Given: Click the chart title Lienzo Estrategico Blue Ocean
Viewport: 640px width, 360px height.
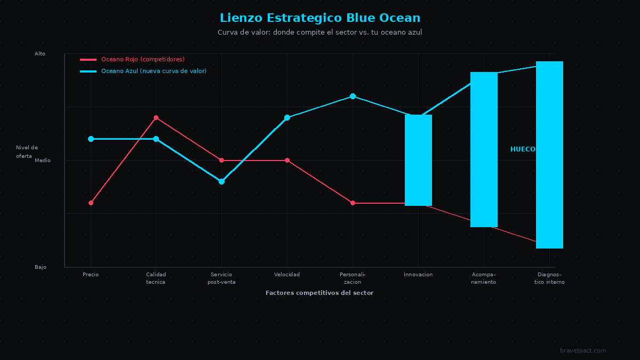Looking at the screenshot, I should coord(320,18).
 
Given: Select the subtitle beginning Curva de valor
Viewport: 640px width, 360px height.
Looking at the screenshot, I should coord(320,33).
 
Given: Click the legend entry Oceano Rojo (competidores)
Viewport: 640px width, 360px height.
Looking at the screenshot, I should coord(142,59).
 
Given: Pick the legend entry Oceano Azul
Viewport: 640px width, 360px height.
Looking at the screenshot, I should coord(154,71).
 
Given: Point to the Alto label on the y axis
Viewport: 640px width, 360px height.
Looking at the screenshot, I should coord(40,54).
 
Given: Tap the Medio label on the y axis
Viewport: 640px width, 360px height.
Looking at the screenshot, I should coord(43,161).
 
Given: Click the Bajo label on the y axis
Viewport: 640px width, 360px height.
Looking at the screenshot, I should coord(41,267).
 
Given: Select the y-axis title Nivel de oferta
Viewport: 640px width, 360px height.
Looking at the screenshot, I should coord(27,151).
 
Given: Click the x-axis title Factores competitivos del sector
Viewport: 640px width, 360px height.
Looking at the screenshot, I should coord(319,293).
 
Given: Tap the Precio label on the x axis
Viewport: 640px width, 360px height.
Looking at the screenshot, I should coord(91,275).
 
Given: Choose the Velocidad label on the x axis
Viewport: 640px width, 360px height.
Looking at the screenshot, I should coord(287,275).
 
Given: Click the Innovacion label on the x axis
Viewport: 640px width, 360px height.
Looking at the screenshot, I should coord(418,275).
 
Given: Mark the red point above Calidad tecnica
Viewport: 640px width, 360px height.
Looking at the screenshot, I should coord(156,118).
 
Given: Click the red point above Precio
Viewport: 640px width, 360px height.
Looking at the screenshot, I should coord(91,203).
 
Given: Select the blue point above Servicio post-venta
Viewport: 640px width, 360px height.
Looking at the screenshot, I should coord(221,181).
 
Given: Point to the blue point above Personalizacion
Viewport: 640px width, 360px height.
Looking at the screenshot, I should coord(353,97).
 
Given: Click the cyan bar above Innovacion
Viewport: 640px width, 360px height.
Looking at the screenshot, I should coord(418,160).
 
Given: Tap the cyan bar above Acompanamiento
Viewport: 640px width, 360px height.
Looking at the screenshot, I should coord(484,149).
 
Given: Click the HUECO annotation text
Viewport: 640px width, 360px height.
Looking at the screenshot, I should coord(523,149).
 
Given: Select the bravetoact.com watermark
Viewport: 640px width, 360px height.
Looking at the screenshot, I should coord(583,350).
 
